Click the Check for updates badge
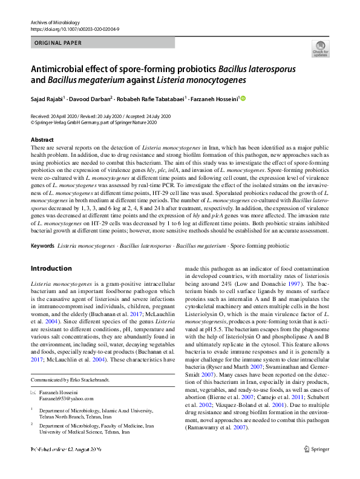(x=319, y=49)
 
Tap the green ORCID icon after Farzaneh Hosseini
(x=244, y=97)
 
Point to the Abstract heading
(x=42, y=140)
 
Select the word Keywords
(x=42, y=246)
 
